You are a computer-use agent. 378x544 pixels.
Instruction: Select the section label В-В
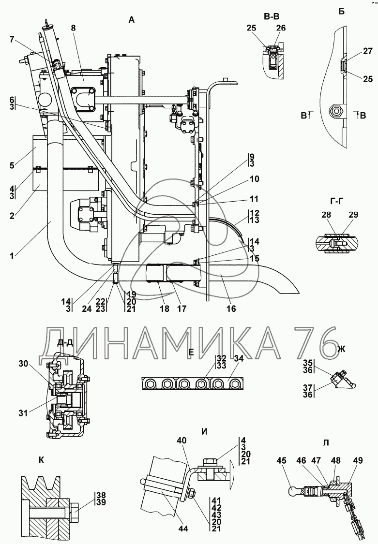coord(272,17)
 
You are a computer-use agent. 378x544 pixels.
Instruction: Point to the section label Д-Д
coord(65,342)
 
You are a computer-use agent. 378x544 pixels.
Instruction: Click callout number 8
coord(73,29)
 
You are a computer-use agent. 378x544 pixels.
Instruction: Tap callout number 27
coord(354,51)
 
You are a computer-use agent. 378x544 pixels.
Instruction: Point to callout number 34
coord(239,358)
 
